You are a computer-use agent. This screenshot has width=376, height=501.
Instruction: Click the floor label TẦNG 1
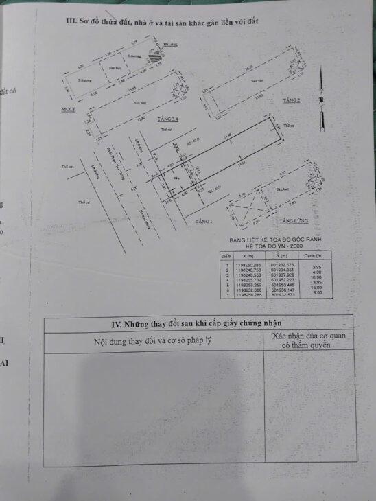204,222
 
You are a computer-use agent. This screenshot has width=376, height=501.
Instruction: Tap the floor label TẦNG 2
290,100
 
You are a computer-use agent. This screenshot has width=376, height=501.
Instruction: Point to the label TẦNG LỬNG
293,222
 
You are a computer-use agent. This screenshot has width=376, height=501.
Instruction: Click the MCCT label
68,109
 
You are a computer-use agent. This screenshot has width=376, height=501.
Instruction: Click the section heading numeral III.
69,21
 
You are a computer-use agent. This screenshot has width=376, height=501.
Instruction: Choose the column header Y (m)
281,254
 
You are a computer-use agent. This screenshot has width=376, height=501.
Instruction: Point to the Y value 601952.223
282,280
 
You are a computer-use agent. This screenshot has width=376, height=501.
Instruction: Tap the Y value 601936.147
282,290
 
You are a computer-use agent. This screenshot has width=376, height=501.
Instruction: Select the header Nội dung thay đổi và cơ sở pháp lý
147,342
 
